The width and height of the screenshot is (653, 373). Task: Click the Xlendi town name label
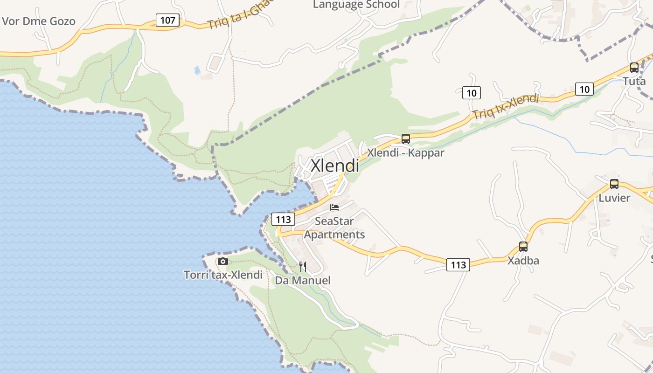coord(335,166)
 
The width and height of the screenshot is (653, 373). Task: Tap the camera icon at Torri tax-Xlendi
coord(223,261)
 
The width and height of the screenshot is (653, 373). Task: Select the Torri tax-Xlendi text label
coord(223,275)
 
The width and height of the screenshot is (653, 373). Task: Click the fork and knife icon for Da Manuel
coord(303,267)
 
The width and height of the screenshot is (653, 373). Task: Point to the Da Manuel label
coord(303,281)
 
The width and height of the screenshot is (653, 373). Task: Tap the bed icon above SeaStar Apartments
coord(334,207)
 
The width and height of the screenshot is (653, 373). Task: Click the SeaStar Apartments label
coord(334,228)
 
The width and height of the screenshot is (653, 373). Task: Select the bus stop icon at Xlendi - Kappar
coord(406,138)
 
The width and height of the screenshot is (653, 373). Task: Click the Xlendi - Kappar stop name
coord(406,152)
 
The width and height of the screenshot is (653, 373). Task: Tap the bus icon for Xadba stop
coord(523,247)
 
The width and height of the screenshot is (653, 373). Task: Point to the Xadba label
coord(523,261)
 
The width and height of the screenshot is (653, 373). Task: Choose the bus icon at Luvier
coord(614,184)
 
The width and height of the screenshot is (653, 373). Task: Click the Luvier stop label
coord(614,198)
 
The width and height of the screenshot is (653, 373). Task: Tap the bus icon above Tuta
coord(634,67)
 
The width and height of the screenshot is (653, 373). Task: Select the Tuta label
coord(634,81)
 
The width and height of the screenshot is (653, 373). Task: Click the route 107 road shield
coord(167,20)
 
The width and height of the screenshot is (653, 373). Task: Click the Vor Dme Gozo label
coord(39,21)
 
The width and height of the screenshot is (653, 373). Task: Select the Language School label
coord(356,5)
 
